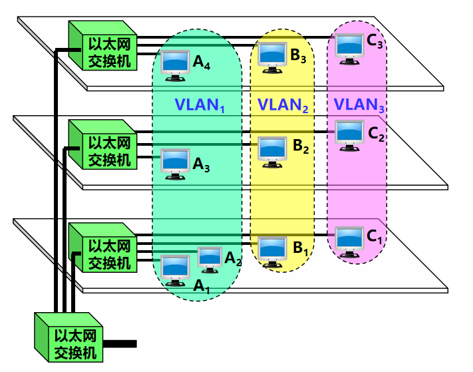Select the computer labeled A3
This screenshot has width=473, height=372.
(176, 164)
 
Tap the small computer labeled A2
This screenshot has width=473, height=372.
(210, 258)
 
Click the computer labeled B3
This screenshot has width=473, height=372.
(272, 57)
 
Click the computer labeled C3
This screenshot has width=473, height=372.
(349, 47)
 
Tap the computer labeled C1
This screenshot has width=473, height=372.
(349, 241)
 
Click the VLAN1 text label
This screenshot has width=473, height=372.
(198, 105)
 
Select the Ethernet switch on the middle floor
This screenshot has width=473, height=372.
(101, 145)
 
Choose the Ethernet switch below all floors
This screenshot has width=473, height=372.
(67, 338)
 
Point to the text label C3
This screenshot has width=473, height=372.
(375, 43)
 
